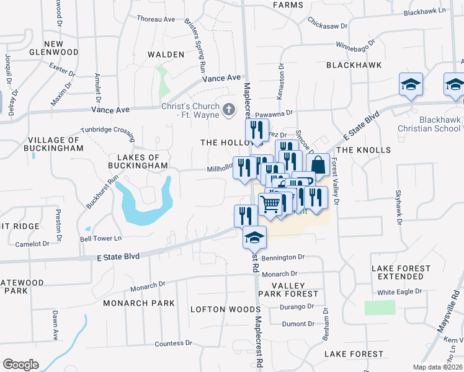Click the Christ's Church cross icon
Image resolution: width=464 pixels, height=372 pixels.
229,110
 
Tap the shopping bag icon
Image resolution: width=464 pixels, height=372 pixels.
318,165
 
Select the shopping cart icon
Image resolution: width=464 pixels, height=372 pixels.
270,204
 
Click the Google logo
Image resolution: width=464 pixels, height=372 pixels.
20,365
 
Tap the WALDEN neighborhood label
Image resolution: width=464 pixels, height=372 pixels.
166,55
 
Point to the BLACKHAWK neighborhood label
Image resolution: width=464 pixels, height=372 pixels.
354,64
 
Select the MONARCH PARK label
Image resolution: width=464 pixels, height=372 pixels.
139,303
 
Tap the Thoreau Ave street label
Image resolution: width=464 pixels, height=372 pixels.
156,20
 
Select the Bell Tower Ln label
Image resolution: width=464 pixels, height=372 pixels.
100,238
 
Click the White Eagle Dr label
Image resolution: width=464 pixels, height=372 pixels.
399,291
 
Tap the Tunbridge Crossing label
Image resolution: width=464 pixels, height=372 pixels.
107,131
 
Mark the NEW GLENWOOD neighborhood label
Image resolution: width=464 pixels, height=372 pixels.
54,48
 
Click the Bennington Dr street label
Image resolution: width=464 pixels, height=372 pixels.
283,257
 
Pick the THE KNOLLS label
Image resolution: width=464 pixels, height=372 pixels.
364,150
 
